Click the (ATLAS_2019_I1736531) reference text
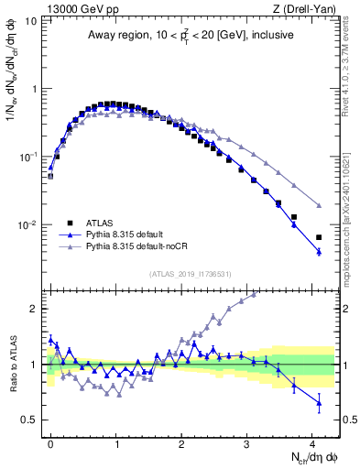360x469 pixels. pos(191,274)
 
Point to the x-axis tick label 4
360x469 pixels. pos(312,440)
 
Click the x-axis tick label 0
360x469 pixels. pos(50,440)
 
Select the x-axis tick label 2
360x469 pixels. pos(181,440)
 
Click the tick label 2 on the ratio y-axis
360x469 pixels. pos(35,309)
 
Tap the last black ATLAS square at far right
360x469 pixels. pos(319,237)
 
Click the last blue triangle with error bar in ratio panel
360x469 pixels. pos(319,402)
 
